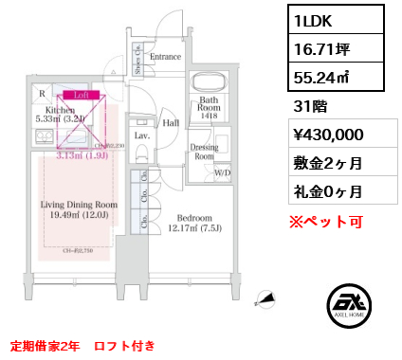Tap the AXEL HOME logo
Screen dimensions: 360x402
347,310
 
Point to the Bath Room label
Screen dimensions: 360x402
210,104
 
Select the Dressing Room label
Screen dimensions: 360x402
205,152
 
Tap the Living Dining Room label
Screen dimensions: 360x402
79,209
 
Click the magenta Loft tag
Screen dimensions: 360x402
82,95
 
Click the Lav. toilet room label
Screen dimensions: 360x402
142,136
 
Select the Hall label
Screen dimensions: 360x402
171,122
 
